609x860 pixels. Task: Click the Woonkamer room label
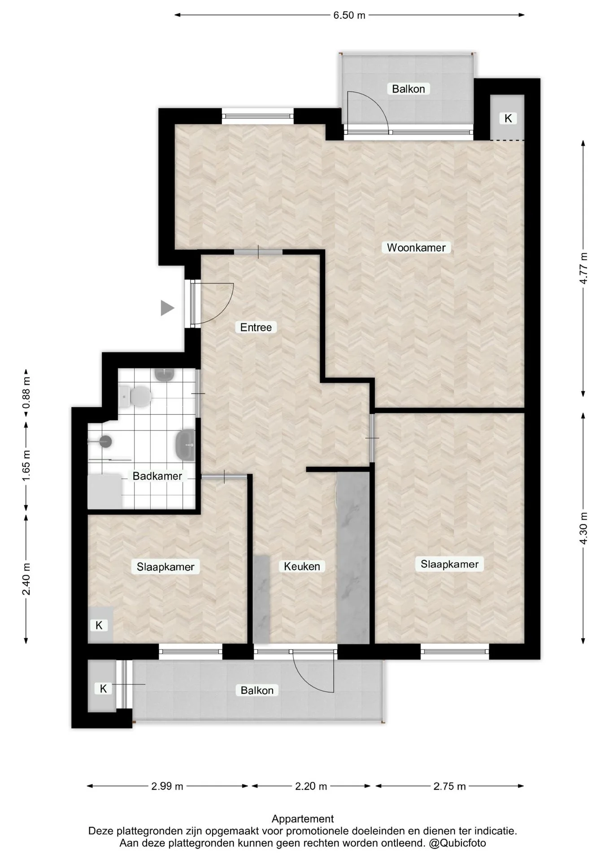[416, 248]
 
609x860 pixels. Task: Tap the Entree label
[256, 327]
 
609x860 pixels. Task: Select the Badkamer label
[157, 476]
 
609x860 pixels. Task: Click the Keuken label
[302, 567]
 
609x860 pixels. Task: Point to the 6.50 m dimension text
[349, 15]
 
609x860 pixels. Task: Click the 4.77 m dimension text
[583, 268]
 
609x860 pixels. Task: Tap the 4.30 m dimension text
[583, 529]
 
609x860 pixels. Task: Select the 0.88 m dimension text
[26, 393]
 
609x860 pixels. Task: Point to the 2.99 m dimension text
[167, 786]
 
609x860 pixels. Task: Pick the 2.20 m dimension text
[311, 786]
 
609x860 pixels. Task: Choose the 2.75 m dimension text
[450, 786]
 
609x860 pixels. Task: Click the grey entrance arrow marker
[167, 308]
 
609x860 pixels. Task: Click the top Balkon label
[408, 89]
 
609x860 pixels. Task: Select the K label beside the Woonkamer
[508, 119]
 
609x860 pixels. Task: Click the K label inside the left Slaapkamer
[99, 625]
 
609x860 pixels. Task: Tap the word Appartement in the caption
[303, 819]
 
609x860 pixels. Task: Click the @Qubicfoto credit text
[457, 843]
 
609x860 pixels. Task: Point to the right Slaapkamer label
[449, 564]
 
